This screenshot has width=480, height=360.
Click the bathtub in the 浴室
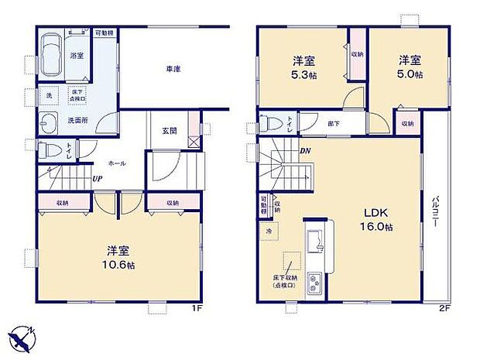pos(51,53)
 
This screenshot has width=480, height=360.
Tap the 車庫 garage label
pos(173,70)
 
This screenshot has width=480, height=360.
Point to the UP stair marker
pos(98,180)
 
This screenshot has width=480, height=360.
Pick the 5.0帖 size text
pos(410,75)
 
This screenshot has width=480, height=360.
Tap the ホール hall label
pos(117,163)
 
